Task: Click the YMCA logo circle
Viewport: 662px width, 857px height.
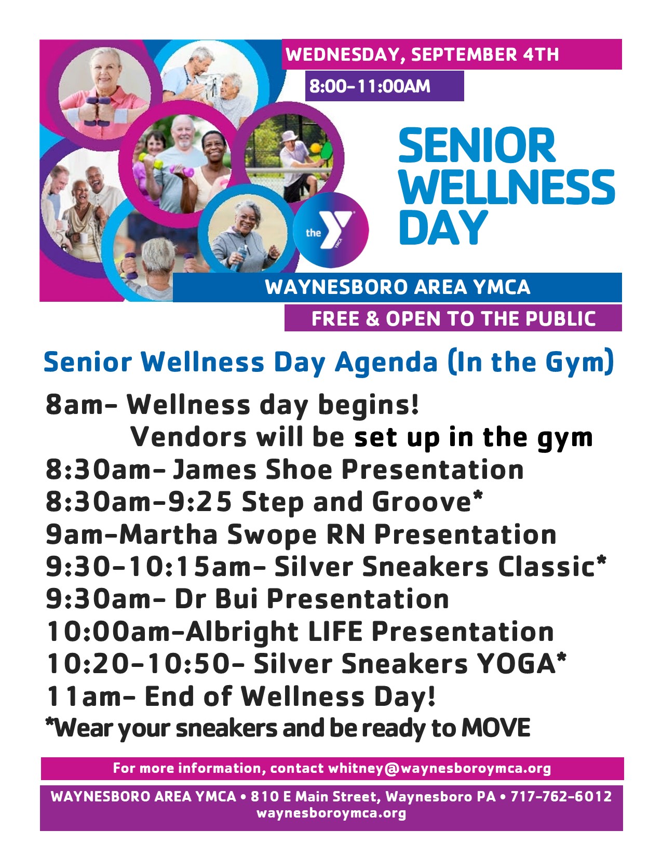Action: [331, 230]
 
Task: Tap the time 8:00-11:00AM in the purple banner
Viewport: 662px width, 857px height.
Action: [370, 86]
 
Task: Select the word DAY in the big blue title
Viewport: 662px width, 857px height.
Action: [443, 228]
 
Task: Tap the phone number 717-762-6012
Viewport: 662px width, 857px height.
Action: [561, 796]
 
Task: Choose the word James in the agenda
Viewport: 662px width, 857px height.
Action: [214, 470]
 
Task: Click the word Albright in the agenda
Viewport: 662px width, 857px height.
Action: [242, 632]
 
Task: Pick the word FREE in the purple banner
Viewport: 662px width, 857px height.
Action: [335, 318]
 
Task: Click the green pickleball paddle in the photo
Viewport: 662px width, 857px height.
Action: [327, 151]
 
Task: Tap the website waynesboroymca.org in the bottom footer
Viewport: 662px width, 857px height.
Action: [331, 813]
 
